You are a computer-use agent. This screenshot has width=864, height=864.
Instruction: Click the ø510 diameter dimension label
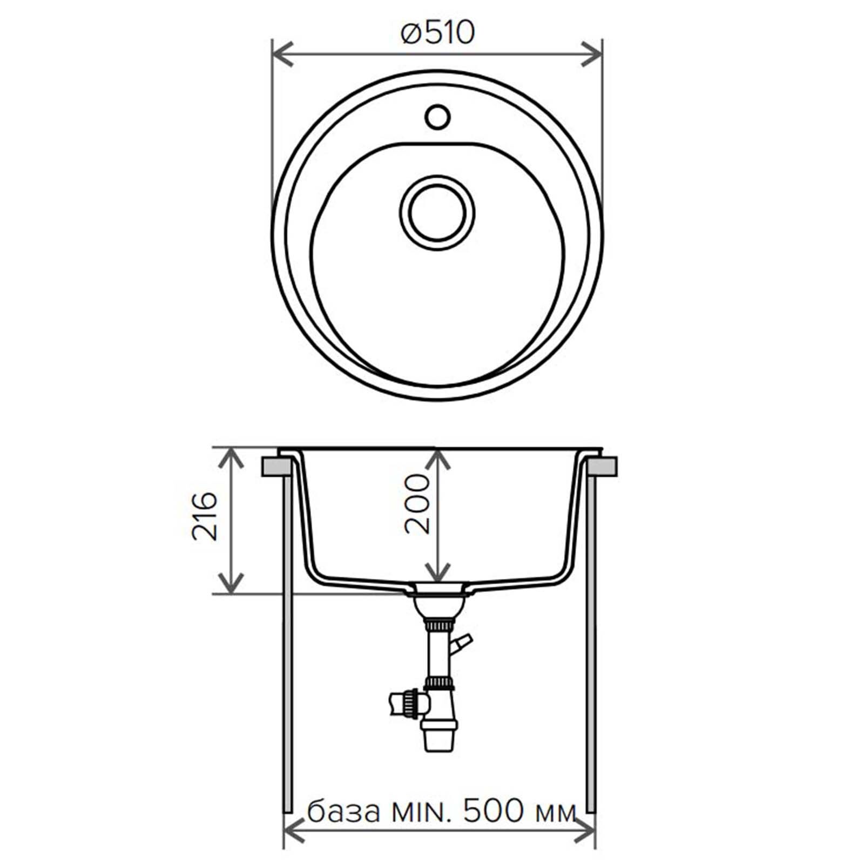(437, 33)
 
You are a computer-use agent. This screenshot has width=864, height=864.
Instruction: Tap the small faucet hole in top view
(437, 117)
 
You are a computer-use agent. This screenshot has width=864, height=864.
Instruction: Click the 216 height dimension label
(205, 516)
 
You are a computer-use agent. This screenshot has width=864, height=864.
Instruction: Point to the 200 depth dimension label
(417, 504)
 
